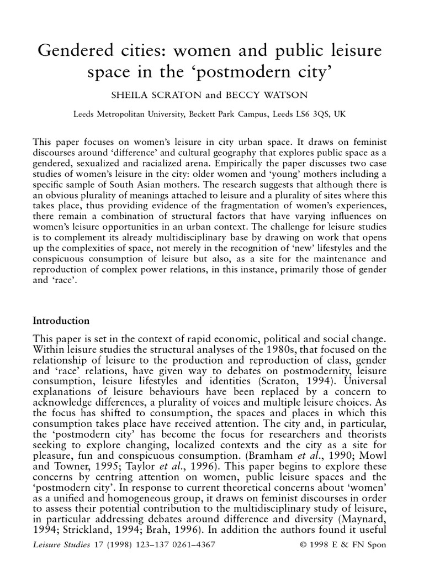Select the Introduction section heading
coord(61,320)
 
